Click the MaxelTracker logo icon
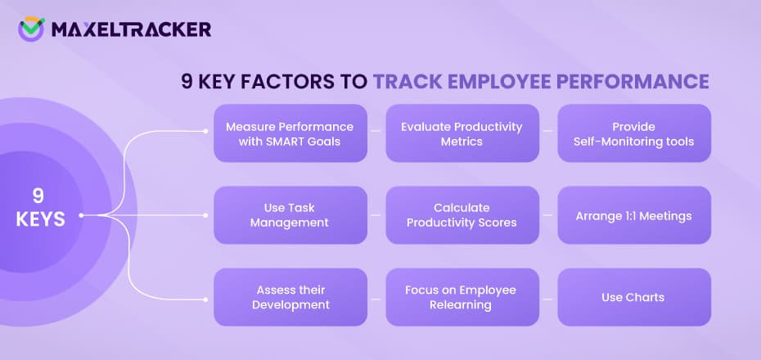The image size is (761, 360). click(31, 29)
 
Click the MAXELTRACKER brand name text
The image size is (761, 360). click(131, 29)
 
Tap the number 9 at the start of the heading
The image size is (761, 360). click(187, 82)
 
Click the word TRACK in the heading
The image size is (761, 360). click(405, 82)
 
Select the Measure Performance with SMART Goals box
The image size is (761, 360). click(290, 133)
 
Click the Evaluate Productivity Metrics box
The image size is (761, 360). click(462, 133)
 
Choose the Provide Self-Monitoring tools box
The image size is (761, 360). click(634, 133)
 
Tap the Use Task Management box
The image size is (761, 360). click(290, 215)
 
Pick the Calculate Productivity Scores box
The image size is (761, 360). click(462, 215)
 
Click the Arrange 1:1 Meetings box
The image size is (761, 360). click(634, 215)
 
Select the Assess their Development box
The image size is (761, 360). click(290, 297)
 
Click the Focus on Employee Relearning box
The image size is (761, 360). click(462, 297)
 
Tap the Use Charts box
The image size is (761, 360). click(634, 297)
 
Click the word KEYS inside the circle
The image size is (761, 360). click(40, 219)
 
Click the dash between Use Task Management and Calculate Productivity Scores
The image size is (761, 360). click(376, 215)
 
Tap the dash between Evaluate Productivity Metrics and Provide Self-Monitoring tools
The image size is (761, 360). click(548, 130)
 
